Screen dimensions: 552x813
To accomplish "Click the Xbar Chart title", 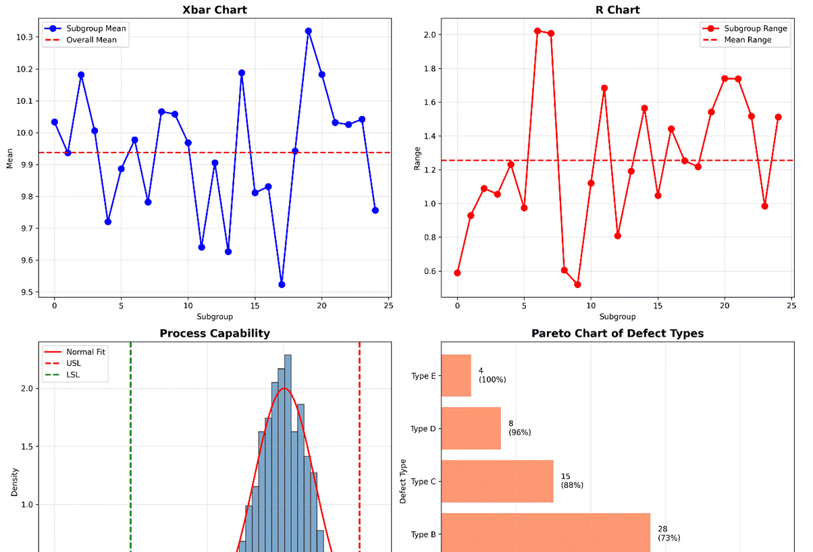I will [x=215, y=10].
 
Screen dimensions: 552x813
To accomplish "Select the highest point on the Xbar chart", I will [x=309, y=31].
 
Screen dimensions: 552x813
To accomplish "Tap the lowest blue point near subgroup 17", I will [x=282, y=285].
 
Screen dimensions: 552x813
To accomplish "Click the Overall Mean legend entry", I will [x=91, y=40].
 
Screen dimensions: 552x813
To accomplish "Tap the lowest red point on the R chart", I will [x=577, y=285].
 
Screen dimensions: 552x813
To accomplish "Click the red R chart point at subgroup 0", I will [x=457, y=273].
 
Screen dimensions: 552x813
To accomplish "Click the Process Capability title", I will [x=215, y=333].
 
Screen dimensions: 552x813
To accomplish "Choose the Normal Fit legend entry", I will [x=86, y=352].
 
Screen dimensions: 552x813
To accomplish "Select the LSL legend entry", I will [x=73, y=375].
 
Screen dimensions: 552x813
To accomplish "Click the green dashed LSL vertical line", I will [x=130, y=459].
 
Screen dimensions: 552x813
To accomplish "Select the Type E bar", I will [x=456, y=376].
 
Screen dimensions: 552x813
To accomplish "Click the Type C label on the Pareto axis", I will [x=423, y=482].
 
